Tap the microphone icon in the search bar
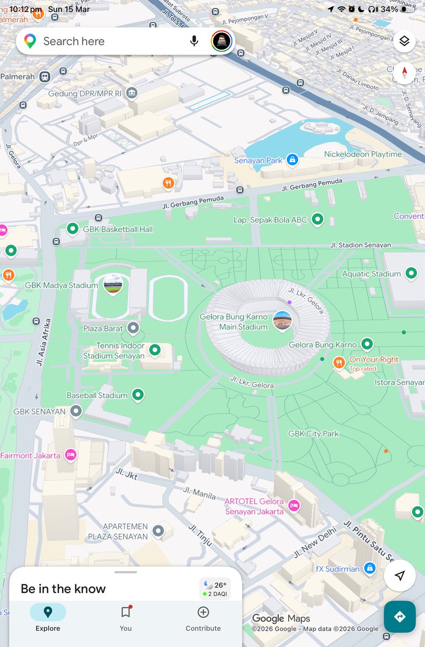click(x=194, y=41)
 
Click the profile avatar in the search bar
click(x=222, y=41)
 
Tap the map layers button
click(x=405, y=41)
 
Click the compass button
click(x=405, y=73)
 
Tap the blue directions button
click(x=400, y=617)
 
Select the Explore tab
click(x=48, y=617)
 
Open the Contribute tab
click(x=203, y=617)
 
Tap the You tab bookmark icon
click(x=126, y=612)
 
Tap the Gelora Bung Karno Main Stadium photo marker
click(x=282, y=320)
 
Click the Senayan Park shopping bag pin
click(x=292, y=160)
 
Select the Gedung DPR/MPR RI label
click(x=85, y=93)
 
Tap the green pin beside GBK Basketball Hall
click(x=73, y=229)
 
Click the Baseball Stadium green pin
click(x=138, y=395)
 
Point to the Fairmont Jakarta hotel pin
click(x=70, y=455)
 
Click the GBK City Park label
click(x=313, y=433)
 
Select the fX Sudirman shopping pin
click(x=369, y=568)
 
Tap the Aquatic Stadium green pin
click(x=412, y=273)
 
